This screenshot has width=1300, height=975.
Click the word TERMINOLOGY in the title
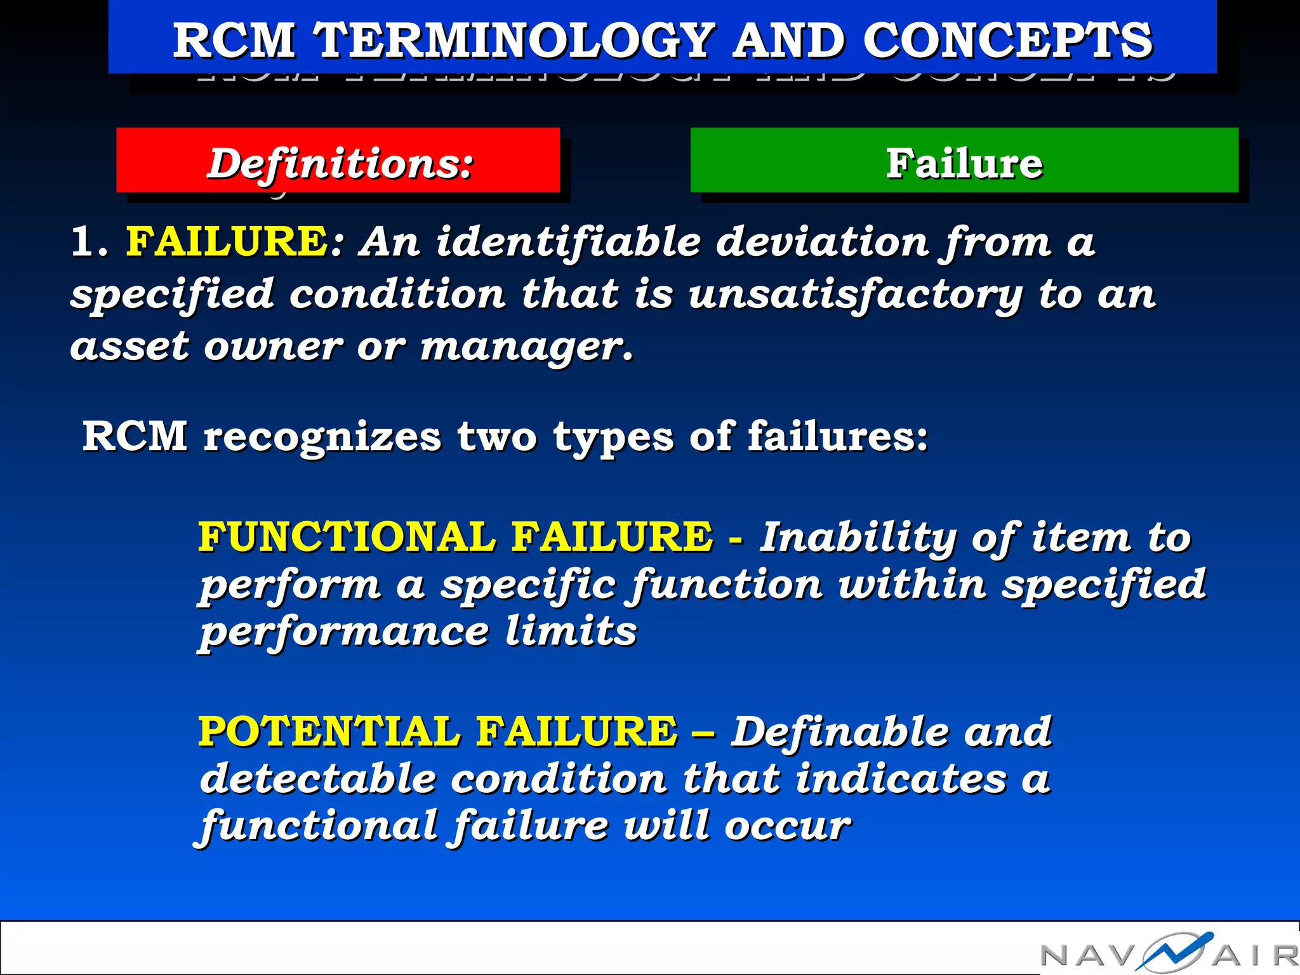(514, 40)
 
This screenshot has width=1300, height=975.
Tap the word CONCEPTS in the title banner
(1007, 40)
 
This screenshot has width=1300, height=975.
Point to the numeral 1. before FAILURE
(89, 242)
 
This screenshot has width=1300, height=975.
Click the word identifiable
(568, 242)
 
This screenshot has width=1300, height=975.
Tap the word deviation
(823, 242)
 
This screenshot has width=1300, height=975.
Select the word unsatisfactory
(856, 295)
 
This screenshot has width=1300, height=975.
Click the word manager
(526, 347)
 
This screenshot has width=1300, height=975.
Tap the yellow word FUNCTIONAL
(347, 536)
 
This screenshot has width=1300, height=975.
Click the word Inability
(857, 538)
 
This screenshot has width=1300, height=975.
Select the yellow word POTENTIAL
(328, 731)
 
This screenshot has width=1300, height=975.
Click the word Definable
(839, 731)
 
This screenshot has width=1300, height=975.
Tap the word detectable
(318, 778)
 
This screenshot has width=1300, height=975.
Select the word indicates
(901, 778)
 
